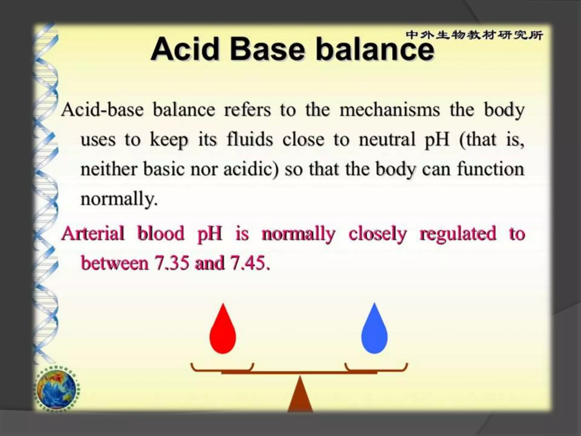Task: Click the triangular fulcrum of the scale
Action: click(300, 396)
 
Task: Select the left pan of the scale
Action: click(222, 368)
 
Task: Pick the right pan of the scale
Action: click(376, 368)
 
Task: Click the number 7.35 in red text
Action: click(171, 263)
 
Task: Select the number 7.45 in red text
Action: click(249, 263)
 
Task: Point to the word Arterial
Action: click(93, 233)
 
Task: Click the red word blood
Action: click(161, 233)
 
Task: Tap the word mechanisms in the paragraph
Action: click(390, 110)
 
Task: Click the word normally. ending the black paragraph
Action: click(119, 199)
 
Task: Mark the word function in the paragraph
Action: click(490, 169)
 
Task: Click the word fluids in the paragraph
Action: click(250, 139)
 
